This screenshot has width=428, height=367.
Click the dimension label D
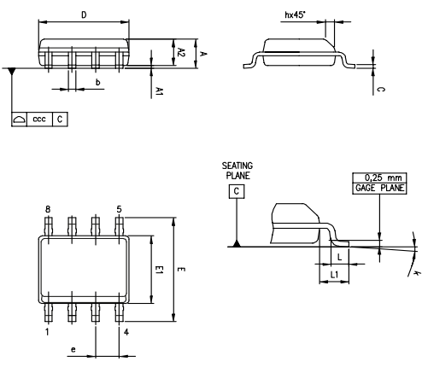[x=83, y=15]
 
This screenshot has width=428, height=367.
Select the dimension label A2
[x=180, y=52]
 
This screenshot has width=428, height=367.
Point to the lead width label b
[x=97, y=82]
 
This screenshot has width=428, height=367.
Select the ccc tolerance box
[x=39, y=119]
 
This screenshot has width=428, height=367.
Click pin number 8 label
[x=48, y=209]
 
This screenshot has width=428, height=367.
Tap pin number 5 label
[x=119, y=209]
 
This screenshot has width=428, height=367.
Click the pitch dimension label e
[x=74, y=350]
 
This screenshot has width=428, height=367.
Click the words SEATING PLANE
[x=237, y=170]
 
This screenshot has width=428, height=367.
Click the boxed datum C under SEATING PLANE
[x=236, y=192]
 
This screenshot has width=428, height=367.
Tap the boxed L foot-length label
[x=338, y=255]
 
